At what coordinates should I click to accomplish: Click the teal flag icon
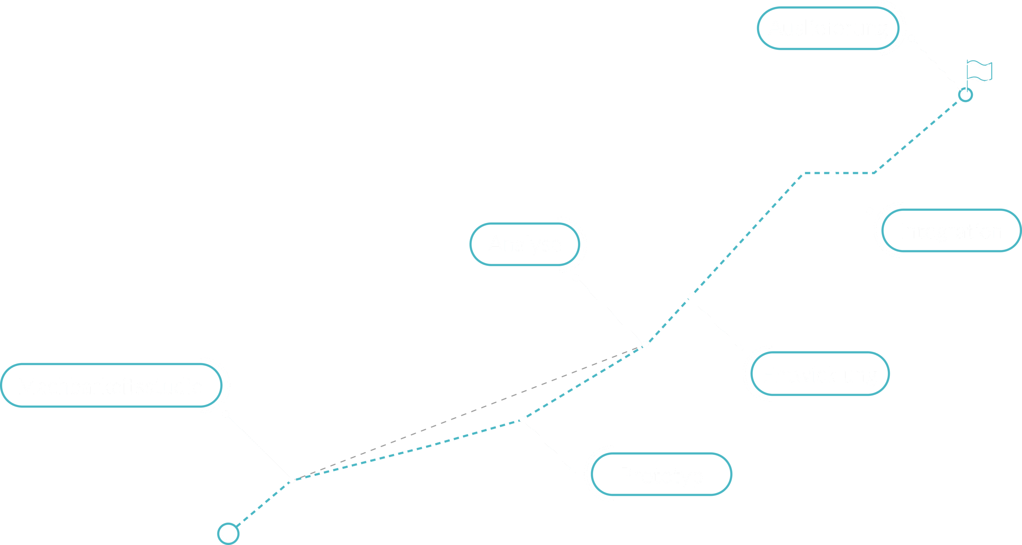tap(980, 71)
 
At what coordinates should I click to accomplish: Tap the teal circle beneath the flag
tap(965, 95)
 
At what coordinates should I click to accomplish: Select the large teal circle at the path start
tap(228, 533)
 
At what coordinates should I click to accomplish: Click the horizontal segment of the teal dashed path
tap(838, 173)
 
